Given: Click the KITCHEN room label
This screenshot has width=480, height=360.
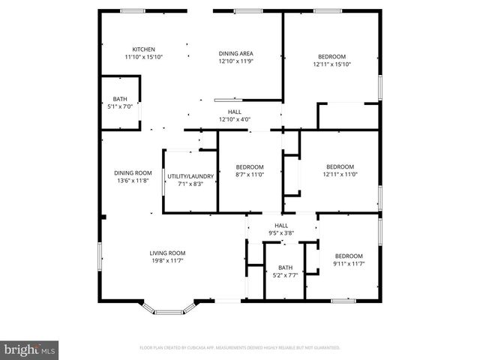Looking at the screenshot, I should [144, 49].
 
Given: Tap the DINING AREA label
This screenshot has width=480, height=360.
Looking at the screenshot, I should [235, 53].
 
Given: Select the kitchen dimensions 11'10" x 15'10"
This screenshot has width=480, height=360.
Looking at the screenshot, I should [144, 57].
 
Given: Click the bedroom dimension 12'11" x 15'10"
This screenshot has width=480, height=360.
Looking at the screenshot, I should [331, 64].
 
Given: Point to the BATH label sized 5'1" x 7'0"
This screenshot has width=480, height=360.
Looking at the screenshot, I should [120, 99].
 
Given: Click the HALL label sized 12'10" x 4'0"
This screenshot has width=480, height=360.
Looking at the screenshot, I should [234, 112].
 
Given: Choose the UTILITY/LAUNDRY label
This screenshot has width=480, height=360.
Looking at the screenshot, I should [190, 176].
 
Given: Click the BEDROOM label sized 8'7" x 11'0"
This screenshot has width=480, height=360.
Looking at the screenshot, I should [250, 166].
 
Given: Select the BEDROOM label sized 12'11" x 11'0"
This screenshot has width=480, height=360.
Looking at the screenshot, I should [340, 166].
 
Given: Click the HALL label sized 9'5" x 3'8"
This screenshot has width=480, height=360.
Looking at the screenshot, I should [281, 225].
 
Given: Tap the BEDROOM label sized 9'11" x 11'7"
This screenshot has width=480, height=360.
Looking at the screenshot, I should [349, 256].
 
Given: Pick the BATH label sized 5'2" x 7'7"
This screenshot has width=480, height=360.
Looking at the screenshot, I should [285, 268].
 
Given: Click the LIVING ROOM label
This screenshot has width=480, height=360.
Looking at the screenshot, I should [167, 253].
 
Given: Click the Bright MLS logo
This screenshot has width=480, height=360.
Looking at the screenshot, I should [30, 349].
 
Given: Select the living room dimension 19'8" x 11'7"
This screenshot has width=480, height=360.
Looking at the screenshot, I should [167, 260].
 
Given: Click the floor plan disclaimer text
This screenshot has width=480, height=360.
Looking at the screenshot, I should [240, 348].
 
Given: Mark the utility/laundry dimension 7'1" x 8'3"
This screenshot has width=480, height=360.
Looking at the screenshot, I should [190, 184].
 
